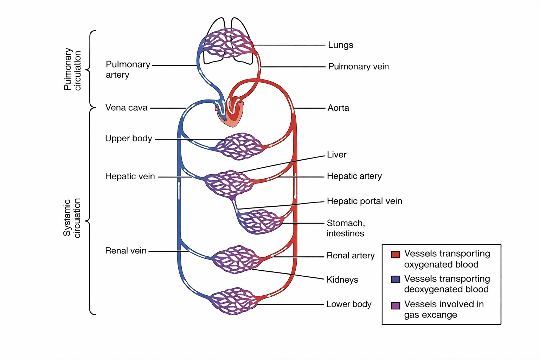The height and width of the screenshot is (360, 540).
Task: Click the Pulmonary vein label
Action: click(x=358, y=66)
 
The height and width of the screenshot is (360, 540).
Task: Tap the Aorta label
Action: click(x=338, y=108)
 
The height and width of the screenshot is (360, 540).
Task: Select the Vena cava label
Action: click(x=126, y=108)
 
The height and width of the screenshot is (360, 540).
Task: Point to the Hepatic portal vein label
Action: click(x=364, y=201)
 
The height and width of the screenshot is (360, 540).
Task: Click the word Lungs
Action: click(x=340, y=45)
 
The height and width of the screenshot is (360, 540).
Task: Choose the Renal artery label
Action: click(x=351, y=256)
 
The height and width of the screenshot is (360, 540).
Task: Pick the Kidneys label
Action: click(x=342, y=280)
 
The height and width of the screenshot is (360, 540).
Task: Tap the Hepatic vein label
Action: click(x=130, y=176)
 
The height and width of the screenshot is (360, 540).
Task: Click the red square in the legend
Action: click(x=396, y=254)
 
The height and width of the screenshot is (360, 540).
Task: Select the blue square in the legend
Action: click(x=396, y=279)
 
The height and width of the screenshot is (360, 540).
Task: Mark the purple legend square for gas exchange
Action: click(x=396, y=305)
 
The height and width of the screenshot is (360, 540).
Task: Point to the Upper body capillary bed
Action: click(x=239, y=146)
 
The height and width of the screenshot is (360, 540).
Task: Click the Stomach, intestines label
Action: click(x=346, y=228)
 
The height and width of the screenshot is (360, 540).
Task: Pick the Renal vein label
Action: click(x=126, y=251)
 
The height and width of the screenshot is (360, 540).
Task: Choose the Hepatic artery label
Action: click(x=354, y=176)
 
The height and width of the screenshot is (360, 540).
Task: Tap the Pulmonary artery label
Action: click(x=128, y=69)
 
